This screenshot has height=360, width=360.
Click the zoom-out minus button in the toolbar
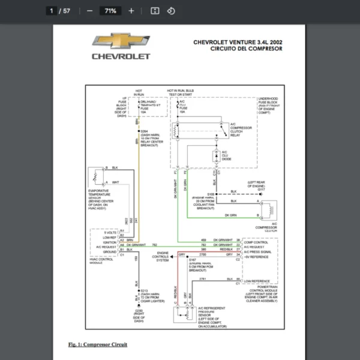point(89,11)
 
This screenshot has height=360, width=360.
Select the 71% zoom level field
point(110,11)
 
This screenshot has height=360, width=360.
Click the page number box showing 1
point(52,11)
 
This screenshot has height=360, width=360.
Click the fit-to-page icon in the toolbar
point(154,11)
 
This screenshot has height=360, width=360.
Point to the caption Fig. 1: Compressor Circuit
point(97,344)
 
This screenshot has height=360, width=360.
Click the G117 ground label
point(262,188)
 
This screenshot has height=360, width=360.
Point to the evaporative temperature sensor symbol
point(94,178)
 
